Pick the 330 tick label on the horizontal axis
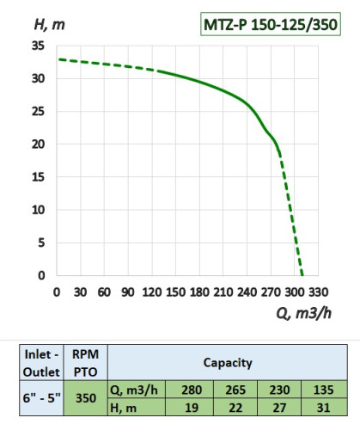(x=317, y=292)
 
